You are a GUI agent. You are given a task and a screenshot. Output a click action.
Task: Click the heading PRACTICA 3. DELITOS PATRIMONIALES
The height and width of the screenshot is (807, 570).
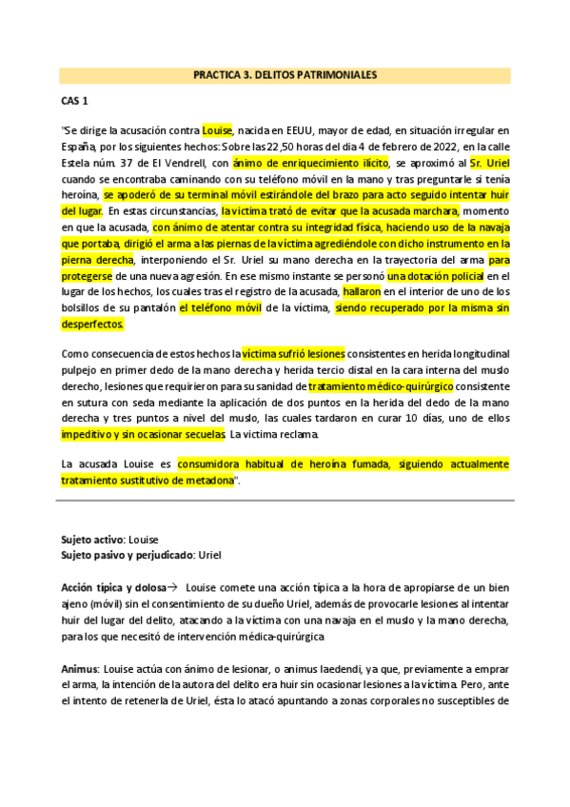click(x=285, y=73)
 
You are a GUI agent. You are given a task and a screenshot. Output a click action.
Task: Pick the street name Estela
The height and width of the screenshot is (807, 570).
click(x=76, y=164)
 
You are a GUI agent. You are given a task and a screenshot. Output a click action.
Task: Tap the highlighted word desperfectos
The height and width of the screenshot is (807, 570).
click(x=92, y=324)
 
